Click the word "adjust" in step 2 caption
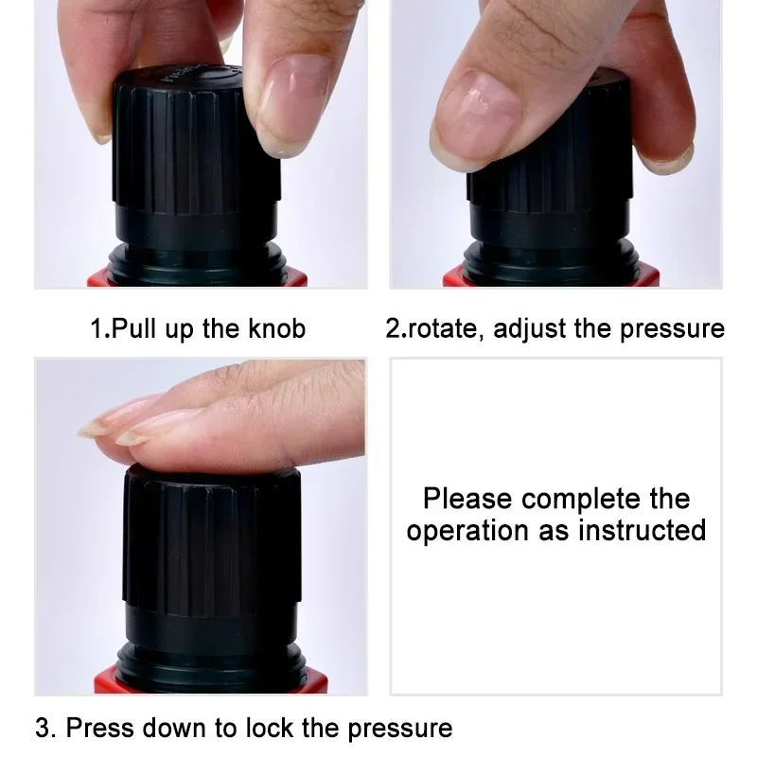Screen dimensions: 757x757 (x=531, y=329)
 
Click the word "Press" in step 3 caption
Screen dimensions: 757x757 (x=99, y=728)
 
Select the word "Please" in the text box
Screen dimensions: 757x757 (x=467, y=499)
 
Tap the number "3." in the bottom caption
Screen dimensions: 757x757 (x=45, y=728)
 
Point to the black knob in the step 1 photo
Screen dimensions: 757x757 (x=189, y=161)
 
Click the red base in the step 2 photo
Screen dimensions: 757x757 (x=551, y=277)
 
